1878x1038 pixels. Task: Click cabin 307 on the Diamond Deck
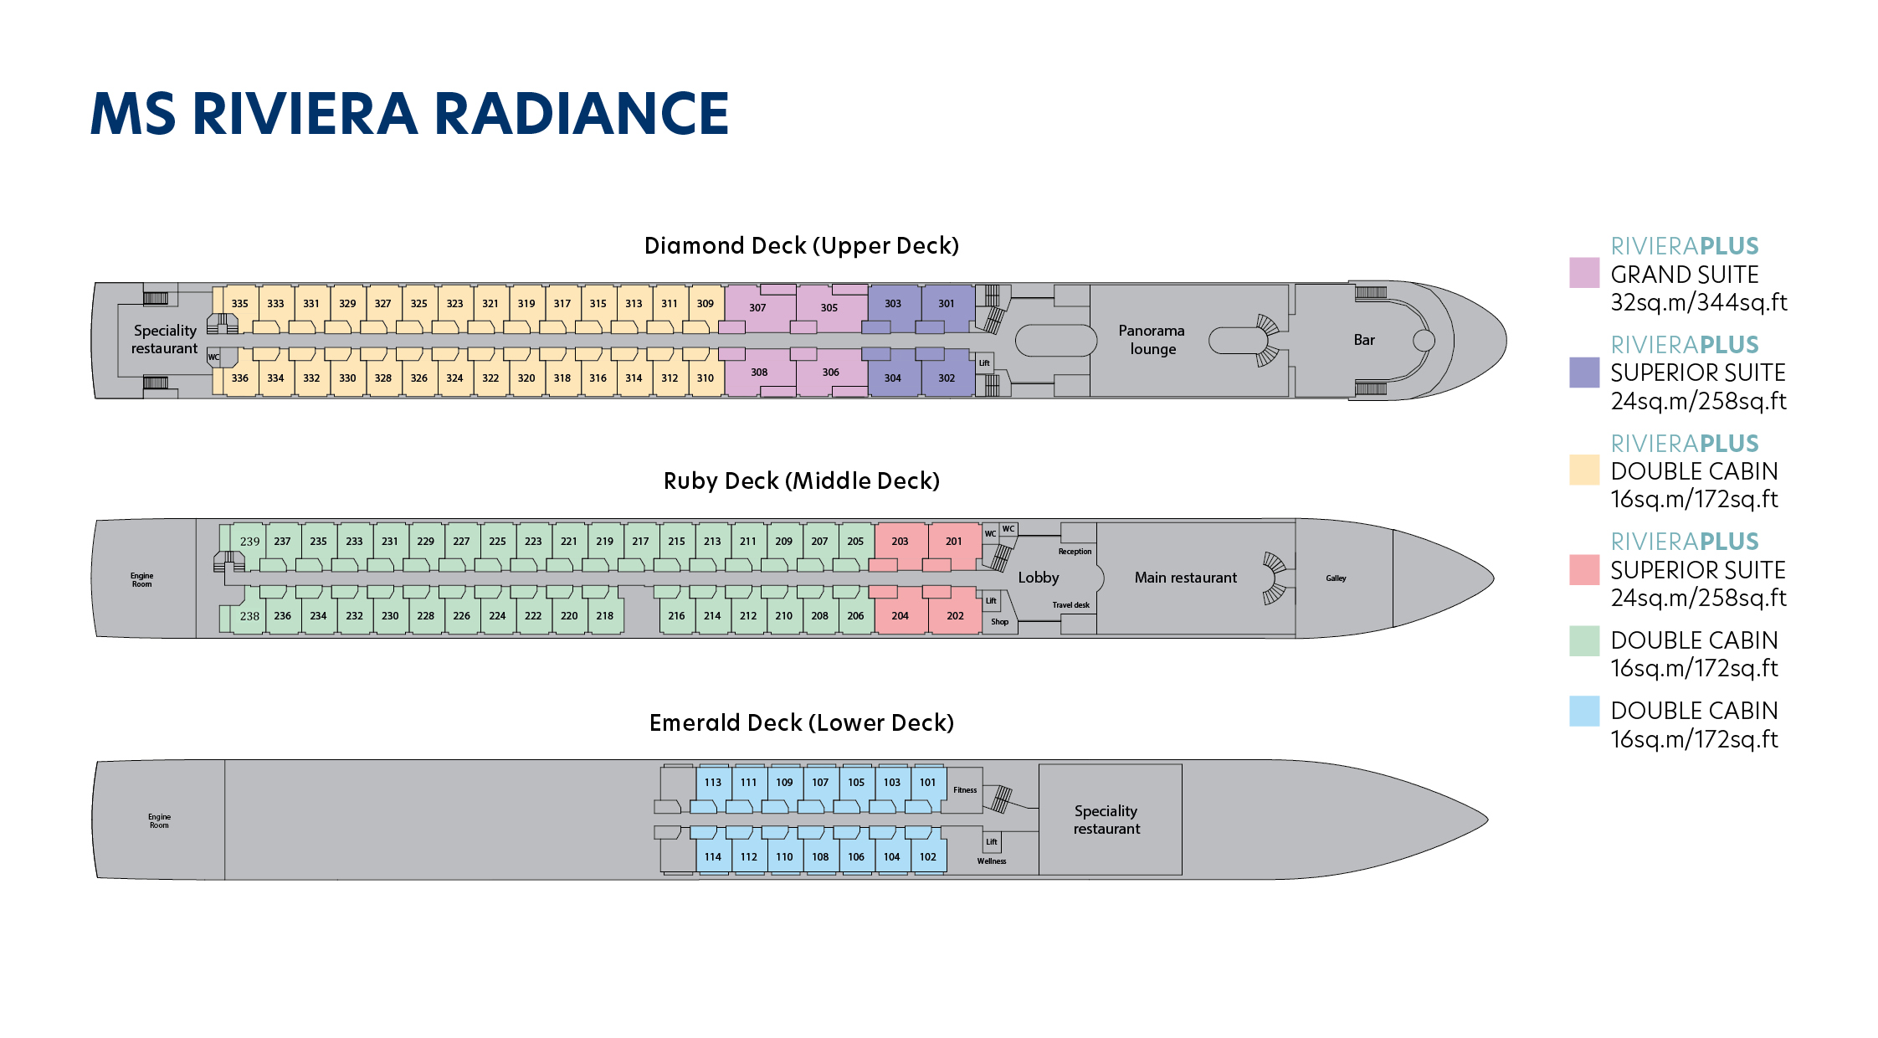(x=757, y=307)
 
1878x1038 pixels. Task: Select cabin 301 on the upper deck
(x=946, y=303)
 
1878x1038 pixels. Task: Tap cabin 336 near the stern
(x=240, y=378)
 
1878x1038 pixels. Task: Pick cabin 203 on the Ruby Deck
(x=900, y=541)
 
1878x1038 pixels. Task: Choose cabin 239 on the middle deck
(x=249, y=541)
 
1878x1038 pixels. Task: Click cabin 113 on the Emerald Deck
(x=712, y=782)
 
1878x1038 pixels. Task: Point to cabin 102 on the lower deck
(x=927, y=856)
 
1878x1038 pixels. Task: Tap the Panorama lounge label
(x=1152, y=339)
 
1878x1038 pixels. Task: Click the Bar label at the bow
(x=1364, y=340)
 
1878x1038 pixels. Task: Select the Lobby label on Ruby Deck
(x=1038, y=578)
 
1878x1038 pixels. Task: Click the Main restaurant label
(x=1185, y=578)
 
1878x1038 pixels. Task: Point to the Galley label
(x=1336, y=578)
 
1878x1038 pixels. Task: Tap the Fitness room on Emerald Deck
(x=964, y=789)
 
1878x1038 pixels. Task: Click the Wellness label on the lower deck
(x=991, y=861)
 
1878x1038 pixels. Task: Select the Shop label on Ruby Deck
(x=999, y=622)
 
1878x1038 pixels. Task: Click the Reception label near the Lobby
(x=1075, y=552)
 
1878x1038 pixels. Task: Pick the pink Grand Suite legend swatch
(x=1583, y=273)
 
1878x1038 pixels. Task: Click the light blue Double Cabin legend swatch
(x=1583, y=712)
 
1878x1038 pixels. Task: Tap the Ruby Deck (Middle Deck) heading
(x=801, y=480)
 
